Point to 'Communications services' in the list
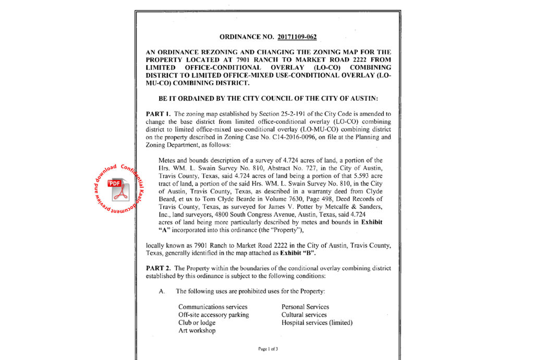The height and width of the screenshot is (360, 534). click(x=213, y=307)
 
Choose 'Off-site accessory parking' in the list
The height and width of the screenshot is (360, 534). click(x=213, y=315)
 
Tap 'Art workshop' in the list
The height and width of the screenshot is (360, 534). click(x=197, y=330)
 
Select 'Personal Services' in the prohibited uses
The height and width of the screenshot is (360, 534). click(x=305, y=307)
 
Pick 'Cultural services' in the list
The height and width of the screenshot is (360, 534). click(x=304, y=315)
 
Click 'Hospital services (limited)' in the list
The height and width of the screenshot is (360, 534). click(x=317, y=322)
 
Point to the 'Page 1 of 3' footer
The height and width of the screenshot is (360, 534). click(x=268, y=349)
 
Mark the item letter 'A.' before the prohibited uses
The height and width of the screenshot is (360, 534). click(x=162, y=291)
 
